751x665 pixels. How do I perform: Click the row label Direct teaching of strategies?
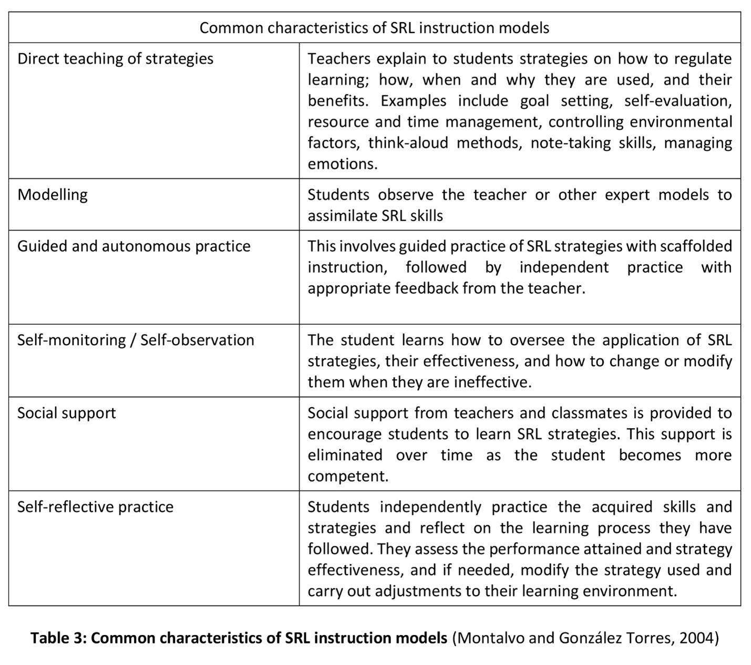coord(115,58)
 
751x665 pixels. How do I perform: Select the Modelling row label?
coord(53,195)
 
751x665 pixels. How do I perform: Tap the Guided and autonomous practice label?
coord(133,246)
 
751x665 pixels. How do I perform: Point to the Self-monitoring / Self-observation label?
coord(136,340)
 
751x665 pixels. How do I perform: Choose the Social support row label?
coord(66,413)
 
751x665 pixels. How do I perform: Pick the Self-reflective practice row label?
coord(95,507)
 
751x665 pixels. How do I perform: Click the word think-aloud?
coord(407,143)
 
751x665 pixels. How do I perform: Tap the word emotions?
coord(342,164)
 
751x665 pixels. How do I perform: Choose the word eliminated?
coord(345,455)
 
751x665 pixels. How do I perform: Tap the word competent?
coord(347,476)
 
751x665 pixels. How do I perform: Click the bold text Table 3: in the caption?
coord(58,638)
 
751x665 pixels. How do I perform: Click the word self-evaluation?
coord(678,101)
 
